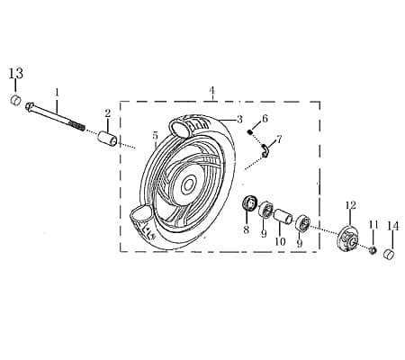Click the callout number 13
coord(15,73)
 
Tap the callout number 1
coord(56,92)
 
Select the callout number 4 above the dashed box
coord(212,91)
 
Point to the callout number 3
coord(239,119)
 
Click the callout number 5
coord(155,136)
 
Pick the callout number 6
coord(265,119)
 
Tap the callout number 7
coord(279,139)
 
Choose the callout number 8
coord(246,230)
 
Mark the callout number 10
coord(279,241)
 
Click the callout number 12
coord(351,206)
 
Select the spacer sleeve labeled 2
coord(107,139)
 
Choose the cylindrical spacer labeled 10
coord(282,217)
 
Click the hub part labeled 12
coord(349,238)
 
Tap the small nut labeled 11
coord(371,247)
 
